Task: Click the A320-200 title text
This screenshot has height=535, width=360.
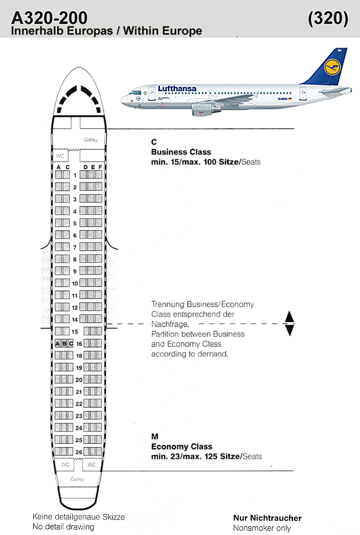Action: click(49, 18)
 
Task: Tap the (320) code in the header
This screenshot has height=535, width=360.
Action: click(328, 18)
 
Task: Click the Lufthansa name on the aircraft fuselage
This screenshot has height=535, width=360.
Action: click(177, 88)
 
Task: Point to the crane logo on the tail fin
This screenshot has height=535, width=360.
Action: click(332, 67)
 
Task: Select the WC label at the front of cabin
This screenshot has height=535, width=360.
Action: click(60, 156)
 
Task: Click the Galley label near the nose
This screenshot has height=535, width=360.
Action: click(90, 140)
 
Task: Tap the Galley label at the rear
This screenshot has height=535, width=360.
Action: click(78, 479)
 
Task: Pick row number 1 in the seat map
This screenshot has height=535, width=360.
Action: click(75, 175)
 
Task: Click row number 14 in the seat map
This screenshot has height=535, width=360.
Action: click(75, 320)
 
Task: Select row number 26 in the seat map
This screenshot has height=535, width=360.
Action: click(79, 452)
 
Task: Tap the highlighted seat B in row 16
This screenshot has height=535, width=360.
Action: click(64, 344)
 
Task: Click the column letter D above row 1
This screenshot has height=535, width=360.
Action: click(86, 167)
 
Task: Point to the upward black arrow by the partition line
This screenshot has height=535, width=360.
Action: click(289, 317)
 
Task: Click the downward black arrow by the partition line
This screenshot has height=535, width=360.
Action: click(289, 330)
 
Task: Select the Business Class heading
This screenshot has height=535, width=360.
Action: click(181, 152)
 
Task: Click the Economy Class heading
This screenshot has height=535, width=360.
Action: click(182, 446)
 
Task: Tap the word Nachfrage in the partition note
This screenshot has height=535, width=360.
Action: click(170, 324)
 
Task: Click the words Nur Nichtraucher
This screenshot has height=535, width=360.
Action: click(268, 518)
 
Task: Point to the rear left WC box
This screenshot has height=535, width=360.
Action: click(65, 465)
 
